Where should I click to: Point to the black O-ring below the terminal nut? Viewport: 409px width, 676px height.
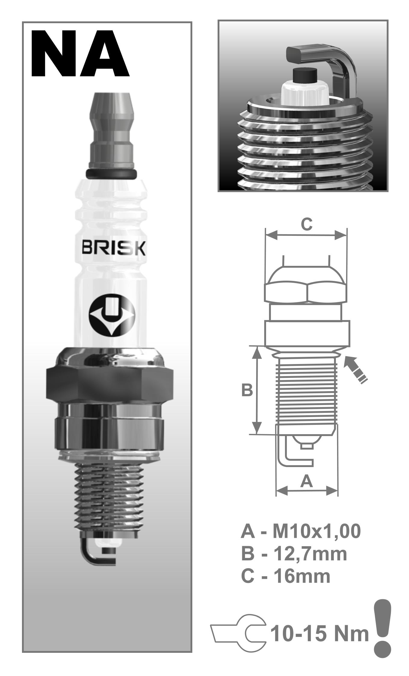pos(111,173)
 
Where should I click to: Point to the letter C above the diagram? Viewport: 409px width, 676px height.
pos(306,224)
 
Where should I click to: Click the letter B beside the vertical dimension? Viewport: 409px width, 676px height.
pos(247,391)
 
